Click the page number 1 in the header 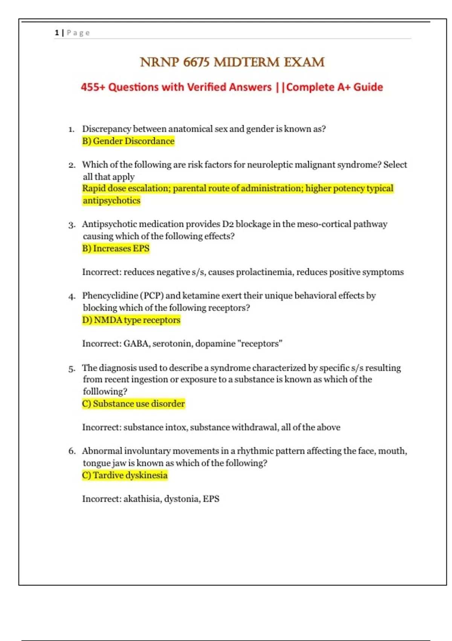[57, 33]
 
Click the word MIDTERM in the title [247, 62]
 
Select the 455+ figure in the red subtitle [93, 87]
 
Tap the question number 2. [72, 165]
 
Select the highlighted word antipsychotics [111, 201]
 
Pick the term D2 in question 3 [228, 224]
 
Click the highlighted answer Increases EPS [121, 248]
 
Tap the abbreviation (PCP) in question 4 [152, 296]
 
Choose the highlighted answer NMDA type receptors [137, 320]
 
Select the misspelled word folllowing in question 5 [105, 392]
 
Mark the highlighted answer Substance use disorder [139, 404]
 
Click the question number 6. [72, 451]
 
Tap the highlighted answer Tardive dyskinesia [130, 475]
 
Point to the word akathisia [142, 499]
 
